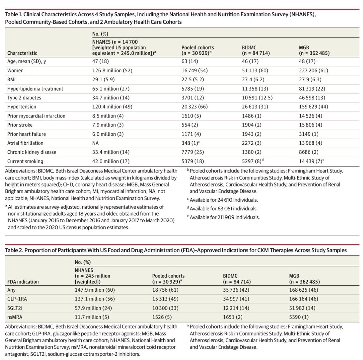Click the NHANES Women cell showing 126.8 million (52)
112,70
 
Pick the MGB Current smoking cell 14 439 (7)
311,161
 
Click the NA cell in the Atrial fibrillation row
96,143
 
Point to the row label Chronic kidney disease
32,152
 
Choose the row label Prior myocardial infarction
36,116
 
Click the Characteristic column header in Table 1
22,53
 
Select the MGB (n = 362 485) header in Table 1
314,50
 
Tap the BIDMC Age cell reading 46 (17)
250,61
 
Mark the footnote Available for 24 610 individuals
224,200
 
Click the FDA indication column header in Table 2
23,282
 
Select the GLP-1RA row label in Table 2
17,299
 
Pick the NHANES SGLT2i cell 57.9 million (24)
93,308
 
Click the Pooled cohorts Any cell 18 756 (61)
165,290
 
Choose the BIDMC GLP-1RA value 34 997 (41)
236,299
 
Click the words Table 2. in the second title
14,250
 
